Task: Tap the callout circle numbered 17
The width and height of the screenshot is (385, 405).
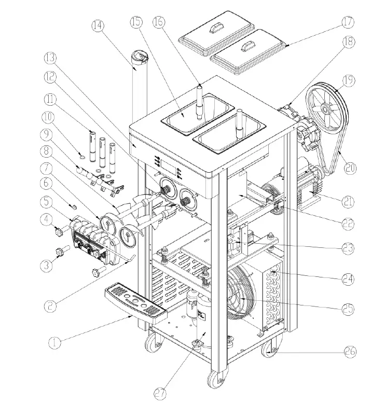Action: coord(347,22)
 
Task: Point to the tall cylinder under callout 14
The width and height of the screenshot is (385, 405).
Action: coord(138,88)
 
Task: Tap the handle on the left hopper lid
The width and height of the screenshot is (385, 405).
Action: coord(213,30)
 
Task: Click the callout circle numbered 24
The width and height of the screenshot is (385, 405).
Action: coord(348,279)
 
